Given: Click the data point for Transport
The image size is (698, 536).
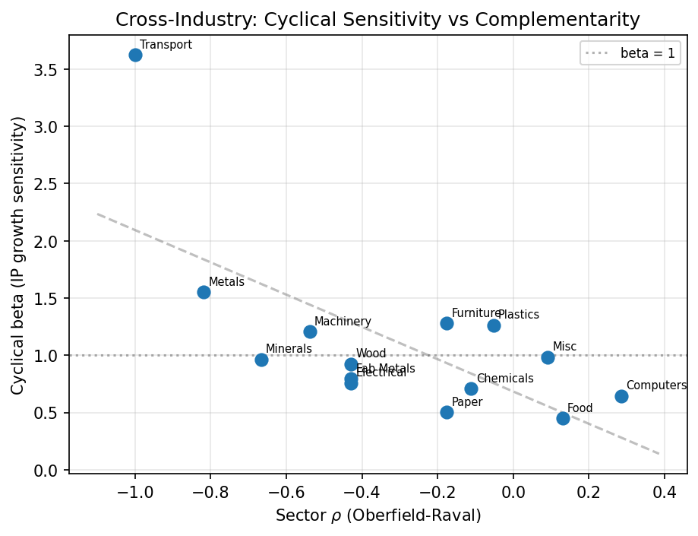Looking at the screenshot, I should click(x=135, y=55).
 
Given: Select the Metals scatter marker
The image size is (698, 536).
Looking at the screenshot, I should click(x=204, y=292).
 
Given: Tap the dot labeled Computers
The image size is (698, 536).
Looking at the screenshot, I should click(x=621, y=396).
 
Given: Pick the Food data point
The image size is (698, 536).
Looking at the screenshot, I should click(x=563, y=418).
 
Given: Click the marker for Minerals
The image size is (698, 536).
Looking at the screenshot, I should click(x=261, y=360).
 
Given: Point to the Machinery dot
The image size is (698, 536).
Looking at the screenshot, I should click(x=310, y=331).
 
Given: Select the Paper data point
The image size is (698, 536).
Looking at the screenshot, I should click(x=447, y=412).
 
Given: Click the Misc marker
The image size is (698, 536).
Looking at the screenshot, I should click(x=548, y=357).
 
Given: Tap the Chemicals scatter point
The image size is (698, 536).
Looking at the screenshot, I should click(x=471, y=389).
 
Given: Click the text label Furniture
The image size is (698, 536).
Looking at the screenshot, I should click(x=475, y=313).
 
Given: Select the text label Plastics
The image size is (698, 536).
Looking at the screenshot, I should click(x=519, y=315).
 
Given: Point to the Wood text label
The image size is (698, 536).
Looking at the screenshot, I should click(x=371, y=354).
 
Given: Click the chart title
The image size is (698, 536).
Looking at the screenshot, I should click(x=377, y=20).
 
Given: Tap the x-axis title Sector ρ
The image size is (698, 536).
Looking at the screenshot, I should click(x=377, y=515).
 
